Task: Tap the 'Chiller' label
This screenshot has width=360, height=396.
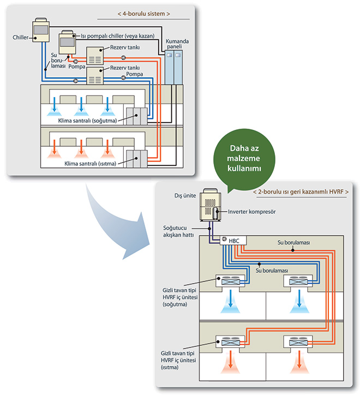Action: (x=20, y=37)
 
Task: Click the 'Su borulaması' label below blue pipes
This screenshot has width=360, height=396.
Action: (x=272, y=271)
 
